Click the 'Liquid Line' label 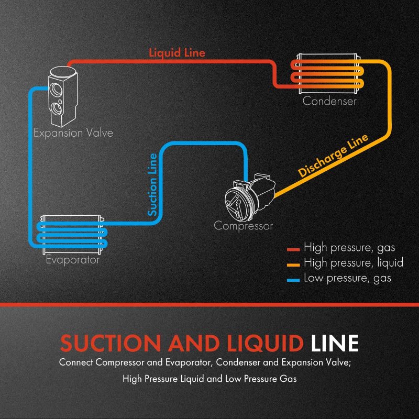177,53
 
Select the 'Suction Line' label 152,184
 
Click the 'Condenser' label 329,101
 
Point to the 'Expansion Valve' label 73,133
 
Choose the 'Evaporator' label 73,259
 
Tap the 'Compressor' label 243,226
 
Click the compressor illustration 250,197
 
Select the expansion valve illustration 62,96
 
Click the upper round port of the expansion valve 56,90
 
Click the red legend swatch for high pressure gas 293,250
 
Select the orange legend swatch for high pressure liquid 293,265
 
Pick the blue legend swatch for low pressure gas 293,280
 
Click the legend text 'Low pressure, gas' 347,278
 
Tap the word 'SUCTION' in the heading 111,344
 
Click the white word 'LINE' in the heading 335,344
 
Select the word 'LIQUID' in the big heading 265,344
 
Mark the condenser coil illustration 328,73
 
